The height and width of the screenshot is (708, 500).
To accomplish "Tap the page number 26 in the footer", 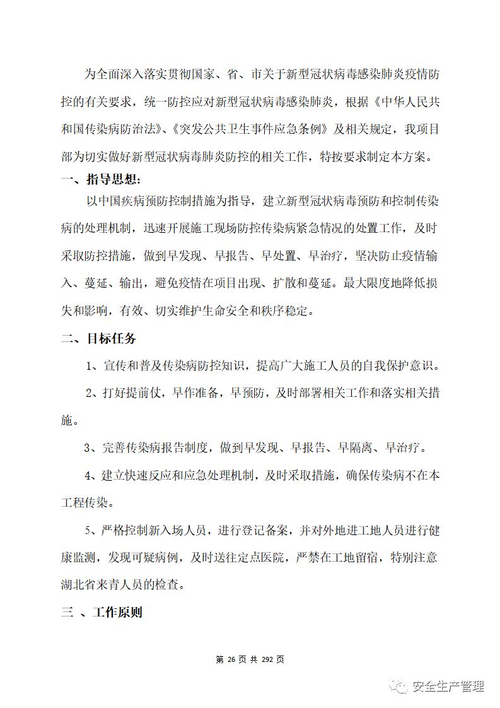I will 231,659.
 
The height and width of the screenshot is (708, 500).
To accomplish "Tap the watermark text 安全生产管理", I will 448,687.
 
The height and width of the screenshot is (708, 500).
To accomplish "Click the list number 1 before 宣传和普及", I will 90,367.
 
